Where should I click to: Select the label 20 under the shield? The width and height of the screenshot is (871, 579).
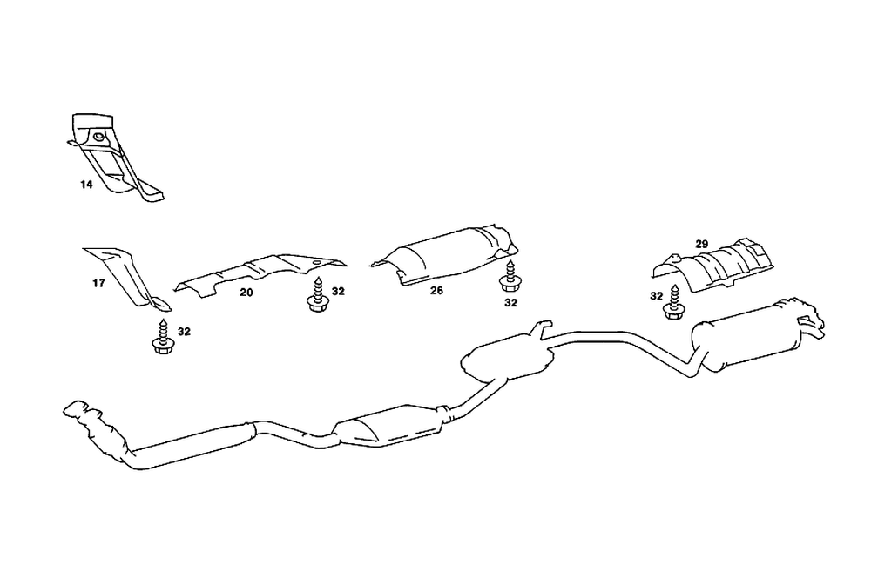tap(246, 293)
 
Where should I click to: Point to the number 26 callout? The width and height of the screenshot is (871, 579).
tap(436, 291)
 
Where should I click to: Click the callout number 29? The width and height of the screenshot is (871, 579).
tap(702, 243)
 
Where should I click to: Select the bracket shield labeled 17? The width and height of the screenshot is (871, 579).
tap(126, 272)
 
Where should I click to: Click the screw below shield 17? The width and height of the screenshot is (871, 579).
tap(160, 337)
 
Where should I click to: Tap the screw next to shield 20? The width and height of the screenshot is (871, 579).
tap(314, 293)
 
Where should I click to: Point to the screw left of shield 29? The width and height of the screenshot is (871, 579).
tap(673, 302)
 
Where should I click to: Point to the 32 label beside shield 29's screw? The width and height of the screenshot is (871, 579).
tap(656, 296)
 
